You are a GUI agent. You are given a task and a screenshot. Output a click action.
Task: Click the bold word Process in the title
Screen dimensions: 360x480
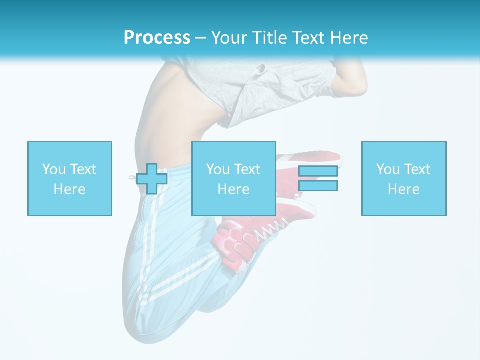point(157,38)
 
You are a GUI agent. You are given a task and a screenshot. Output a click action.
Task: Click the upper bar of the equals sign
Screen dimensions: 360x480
point(318,171)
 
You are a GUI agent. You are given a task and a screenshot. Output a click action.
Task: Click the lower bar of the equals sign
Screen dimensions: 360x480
point(318,186)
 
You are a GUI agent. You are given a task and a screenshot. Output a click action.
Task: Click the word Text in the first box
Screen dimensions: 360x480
point(83,169)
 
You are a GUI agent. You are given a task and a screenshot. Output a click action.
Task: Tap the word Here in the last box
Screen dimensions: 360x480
point(404,189)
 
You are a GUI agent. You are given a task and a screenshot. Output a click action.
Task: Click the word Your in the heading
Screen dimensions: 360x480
point(229,38)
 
